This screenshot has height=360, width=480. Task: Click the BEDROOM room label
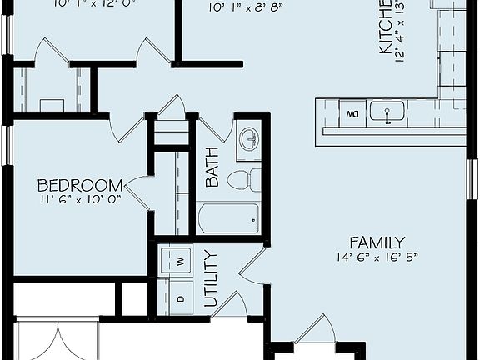coord(80,184)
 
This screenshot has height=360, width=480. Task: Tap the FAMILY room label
coord(377,242)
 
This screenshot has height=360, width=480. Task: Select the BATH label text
coord(212,167)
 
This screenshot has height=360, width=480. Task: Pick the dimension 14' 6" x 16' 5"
coord(377,257)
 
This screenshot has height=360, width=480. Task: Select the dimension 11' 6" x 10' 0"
coord(80,199)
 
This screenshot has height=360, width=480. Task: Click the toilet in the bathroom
coord(243,180)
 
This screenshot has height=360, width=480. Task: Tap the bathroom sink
coord(249,138)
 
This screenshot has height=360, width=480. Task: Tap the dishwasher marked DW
coord(352,112)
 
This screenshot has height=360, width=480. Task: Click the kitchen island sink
coord(387,112)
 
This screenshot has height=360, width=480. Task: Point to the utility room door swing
coord(252,262)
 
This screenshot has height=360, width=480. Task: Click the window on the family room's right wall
coord(472,179)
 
